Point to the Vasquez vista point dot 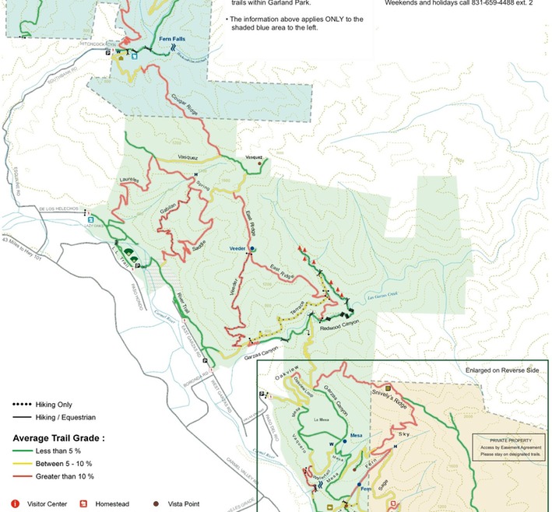click(260, 163)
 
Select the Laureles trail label click(129, 181)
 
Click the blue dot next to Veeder click(252, 248)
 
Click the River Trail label click(184, 303)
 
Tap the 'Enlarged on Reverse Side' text click(502, 370)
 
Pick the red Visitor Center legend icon click(14, 504)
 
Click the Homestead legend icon click(83, 504)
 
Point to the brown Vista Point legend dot click(154, 504)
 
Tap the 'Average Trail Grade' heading click(58, 438)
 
